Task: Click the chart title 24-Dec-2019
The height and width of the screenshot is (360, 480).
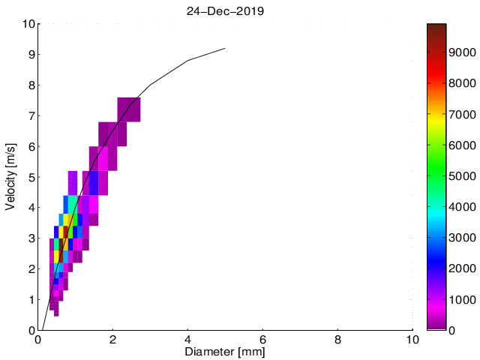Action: (x=226, y=11)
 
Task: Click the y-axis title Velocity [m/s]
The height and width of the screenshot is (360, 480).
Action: (x=11, y=177)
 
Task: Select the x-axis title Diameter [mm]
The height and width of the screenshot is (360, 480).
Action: (x=226, y=351)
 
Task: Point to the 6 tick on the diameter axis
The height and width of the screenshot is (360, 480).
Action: (x=262, y=339)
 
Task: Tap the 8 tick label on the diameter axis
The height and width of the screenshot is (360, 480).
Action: (x=337, y=339)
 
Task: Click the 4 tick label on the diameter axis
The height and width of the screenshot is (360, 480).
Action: (x=187, y=339)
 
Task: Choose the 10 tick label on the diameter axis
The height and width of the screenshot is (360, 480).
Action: (x=412, y=339)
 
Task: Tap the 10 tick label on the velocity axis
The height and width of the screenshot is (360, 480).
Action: (x=27, y=24)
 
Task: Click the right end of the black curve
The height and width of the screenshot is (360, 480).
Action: (x=225, y=49)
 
